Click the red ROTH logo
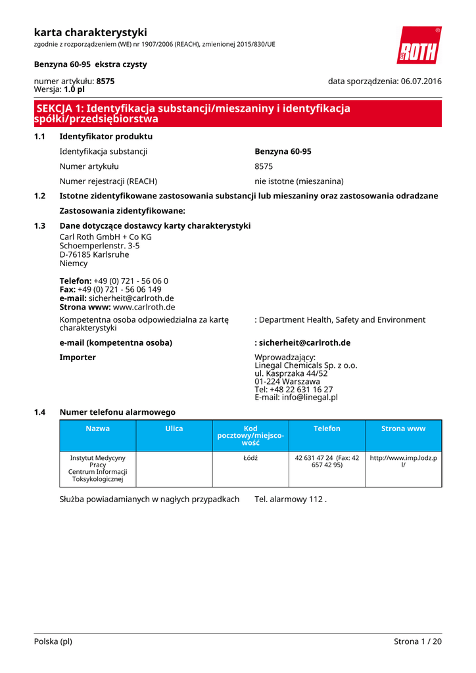tap(419, 45)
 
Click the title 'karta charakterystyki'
tap(90, 32)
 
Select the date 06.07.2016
tap(421, 81)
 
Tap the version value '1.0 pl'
tap(74, 89)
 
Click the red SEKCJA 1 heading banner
tap(237, 114)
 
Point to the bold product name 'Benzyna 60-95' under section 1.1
tap(283, 151)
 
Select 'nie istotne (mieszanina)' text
tap(299, 181)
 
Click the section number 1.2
tap(39, 196)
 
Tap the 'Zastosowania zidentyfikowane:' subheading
tap(122, 211)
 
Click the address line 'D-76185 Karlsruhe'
tap(94, 254)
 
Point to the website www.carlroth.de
tap(144, 307)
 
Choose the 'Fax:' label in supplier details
tap(68, 289)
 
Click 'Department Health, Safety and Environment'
tap(342, 320)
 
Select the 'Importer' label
tap(78, 358)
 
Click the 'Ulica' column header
tap(174, 429)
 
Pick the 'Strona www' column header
tap(404, 429)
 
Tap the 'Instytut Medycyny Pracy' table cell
tap(98, 468)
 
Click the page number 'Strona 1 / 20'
tap(417, 641)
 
